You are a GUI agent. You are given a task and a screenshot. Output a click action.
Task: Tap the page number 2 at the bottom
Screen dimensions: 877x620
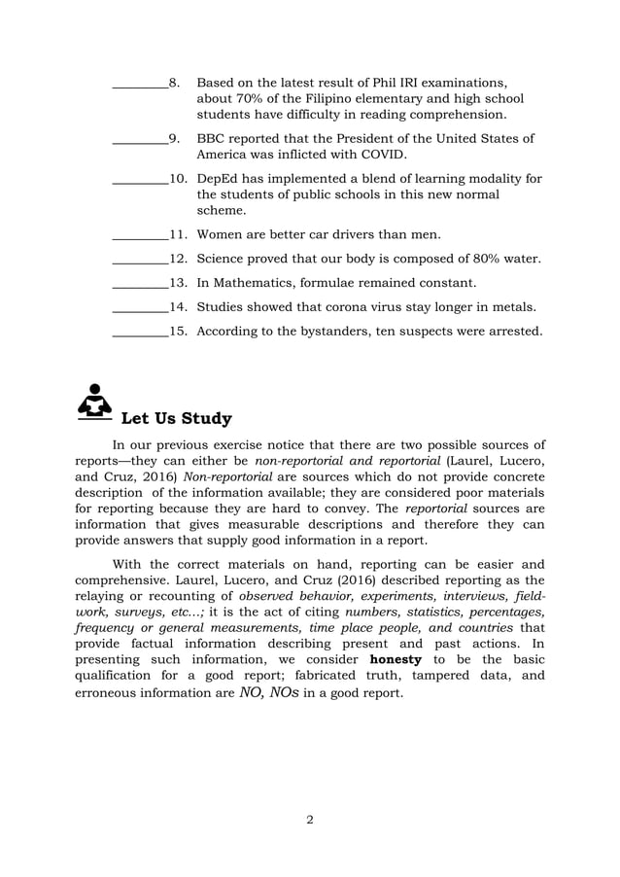309,819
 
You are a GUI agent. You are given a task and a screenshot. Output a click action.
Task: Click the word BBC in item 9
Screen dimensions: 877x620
212,138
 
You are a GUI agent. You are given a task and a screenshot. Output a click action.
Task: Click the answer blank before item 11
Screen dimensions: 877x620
140,235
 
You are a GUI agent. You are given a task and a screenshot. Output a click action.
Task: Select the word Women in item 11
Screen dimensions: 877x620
220,234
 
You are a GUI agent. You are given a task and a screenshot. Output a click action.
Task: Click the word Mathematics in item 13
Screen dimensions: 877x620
256,283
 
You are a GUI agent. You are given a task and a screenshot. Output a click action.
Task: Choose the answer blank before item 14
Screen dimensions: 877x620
140,308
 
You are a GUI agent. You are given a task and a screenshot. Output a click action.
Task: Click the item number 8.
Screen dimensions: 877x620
174,82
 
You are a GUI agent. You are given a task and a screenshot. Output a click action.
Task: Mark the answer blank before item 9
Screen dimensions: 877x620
140,139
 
